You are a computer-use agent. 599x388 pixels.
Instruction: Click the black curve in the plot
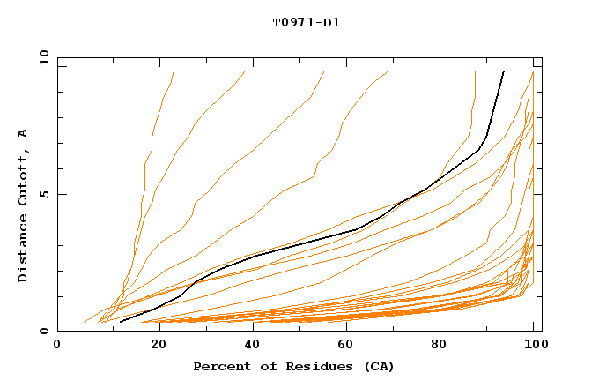(x=357, y=229)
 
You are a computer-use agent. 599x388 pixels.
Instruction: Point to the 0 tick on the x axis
(x=57, y=344)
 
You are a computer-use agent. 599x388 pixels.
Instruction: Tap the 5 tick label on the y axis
(x=46, y=194)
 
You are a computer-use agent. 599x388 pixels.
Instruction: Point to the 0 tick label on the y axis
(x=46, y=331)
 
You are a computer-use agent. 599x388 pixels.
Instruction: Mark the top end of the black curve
(x=504, y=71)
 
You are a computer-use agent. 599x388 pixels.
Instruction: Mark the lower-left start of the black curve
(x=120, y=322)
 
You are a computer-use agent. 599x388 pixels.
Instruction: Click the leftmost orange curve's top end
(x=174, y=71)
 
